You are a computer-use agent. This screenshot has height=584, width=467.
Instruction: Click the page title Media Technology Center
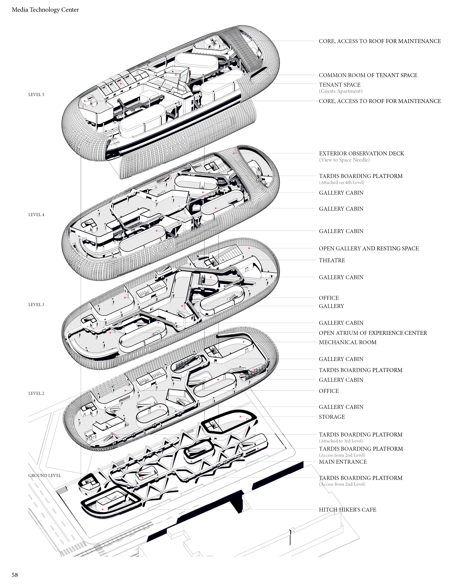click(45, 10)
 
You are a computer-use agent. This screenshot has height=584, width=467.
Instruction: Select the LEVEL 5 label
click(36, 95)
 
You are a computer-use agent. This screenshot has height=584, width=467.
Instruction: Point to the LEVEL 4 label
click(36, 215)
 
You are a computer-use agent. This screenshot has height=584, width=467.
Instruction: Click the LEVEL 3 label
click(36, 304)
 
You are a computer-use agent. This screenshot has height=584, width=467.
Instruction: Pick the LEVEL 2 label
click(36, 393)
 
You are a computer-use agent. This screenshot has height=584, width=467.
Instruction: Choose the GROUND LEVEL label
click(45, 475)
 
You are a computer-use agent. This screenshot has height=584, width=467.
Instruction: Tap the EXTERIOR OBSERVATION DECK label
click(361, 154)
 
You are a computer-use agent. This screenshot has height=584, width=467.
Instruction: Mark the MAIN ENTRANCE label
click(343, 462)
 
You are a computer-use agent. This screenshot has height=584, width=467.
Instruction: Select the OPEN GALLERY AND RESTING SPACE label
click(369, 248)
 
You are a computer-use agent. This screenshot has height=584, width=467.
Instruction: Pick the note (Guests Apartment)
click(341, 91)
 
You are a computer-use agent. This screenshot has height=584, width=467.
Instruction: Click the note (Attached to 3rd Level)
click(341, 441)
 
